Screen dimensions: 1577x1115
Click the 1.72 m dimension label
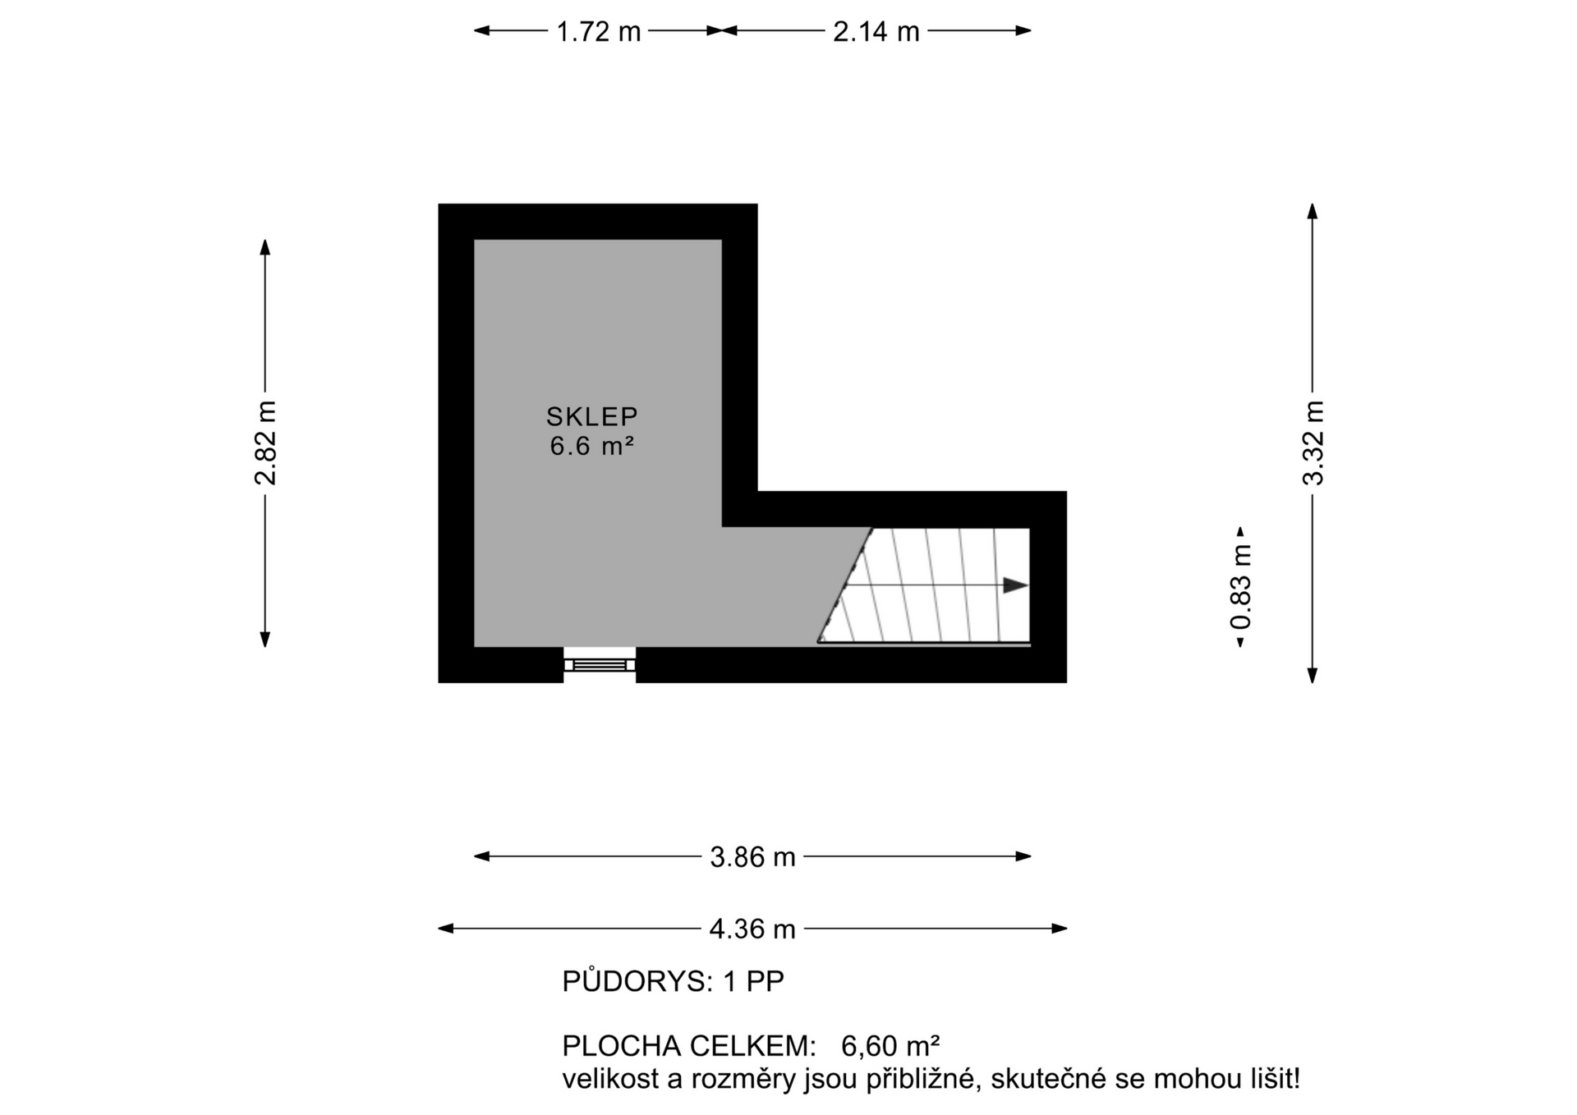coord(598,31)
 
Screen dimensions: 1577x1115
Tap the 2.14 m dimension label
coord(876,31)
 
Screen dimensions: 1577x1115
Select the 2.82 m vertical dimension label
coord(265,443)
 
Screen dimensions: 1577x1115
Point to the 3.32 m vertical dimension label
coord(1313,443)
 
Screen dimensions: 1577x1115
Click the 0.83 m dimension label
coord(1241,587)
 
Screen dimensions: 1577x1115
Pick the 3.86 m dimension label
coord(752,857)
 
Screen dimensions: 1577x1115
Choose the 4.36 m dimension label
coord(752,929)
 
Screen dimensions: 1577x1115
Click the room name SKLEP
coord(591,416)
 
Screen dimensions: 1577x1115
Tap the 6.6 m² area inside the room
coord(591,446)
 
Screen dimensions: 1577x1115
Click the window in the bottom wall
coord(600,664)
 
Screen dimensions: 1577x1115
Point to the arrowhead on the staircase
coord(1016,585)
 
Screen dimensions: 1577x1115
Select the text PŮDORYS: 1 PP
coord(673,981)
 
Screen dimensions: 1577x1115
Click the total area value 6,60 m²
coord(890,1046)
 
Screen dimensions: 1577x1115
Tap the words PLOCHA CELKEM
coord(688,1046)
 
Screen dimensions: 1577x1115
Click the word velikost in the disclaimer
coord(610,1079)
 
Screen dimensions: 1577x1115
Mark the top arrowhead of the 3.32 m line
coord(1313,211)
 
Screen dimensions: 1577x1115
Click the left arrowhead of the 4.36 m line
coord(446,929)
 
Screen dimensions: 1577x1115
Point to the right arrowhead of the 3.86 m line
coord(1023,856)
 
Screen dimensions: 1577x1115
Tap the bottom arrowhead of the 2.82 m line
coord(265,639)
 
